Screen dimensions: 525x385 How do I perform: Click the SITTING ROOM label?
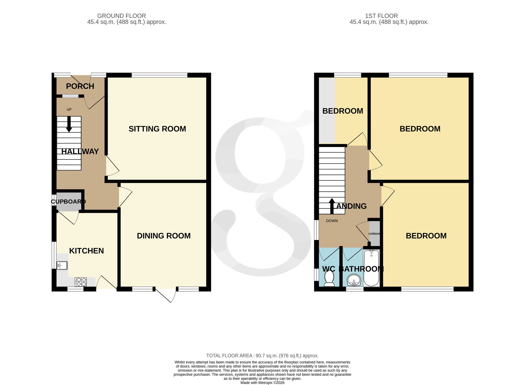click(x=157, y=129)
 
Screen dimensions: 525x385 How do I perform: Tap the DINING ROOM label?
click(x=164, y=236)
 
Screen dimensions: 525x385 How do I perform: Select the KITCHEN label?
click(x=86, y=251)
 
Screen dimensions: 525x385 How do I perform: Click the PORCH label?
click(x=80, y=86)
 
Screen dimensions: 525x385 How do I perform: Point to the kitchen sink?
click(x=62, y=266)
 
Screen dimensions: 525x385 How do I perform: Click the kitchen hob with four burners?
click(x=81, y=282)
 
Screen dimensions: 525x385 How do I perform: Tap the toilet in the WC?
click(x=329, y=278)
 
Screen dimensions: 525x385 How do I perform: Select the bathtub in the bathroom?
click(x=371, y=268)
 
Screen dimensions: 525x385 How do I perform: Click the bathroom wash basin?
click(x=354, y=280)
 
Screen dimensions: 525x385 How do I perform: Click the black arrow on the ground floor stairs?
click(x=69, y=124)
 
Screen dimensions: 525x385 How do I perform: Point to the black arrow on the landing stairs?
click(x=332, y=206)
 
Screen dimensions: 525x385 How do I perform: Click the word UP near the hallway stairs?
click(x=69, y=110)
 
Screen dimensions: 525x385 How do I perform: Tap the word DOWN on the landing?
click(x=332, y=221)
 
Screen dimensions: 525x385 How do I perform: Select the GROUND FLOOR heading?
click(x=122, y=16)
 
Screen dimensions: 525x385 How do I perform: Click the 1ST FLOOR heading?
click(x=381, y=16)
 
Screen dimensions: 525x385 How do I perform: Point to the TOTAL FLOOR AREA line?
click(x=262, y=356)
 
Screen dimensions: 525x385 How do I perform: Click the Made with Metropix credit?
click(x=262, y=383)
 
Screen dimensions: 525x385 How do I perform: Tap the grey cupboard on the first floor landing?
click(x=375, y=233)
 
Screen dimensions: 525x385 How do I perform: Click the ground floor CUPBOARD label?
click(x=68, y=202)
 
